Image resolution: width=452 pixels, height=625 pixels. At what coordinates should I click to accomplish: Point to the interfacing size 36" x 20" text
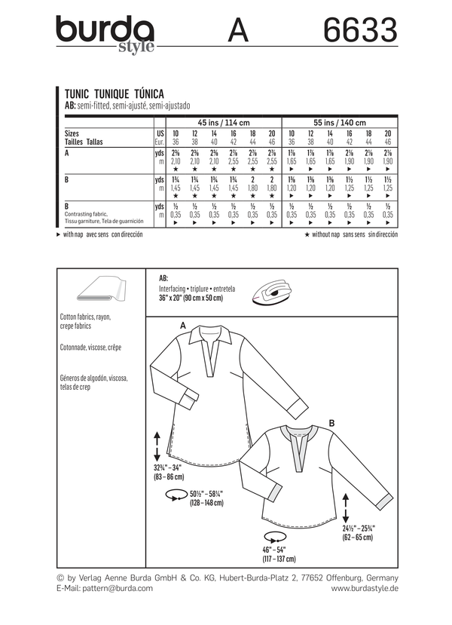pyautogui.click(x=191, y=299)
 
